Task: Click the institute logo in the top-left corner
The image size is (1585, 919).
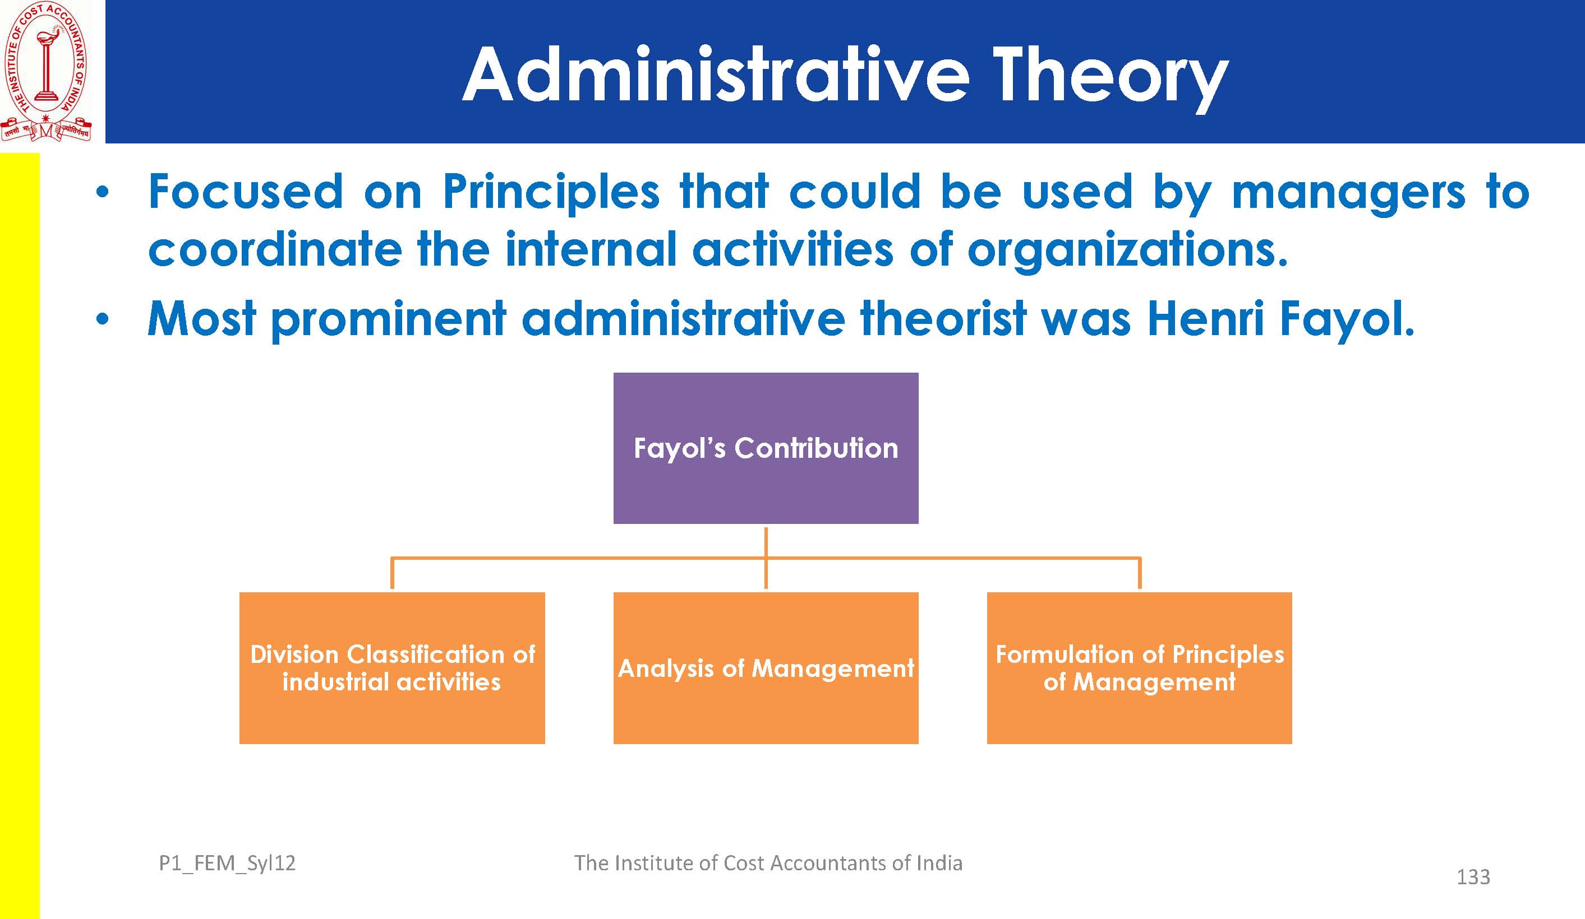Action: pyautogui.click(x=46, y=71)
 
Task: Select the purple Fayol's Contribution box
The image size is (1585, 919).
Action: pyautogui.click(x=766, y=448)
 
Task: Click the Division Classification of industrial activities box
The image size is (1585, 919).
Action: pyautogui.click(x=392, y=667)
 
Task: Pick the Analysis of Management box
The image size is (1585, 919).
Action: pyautogui.click(x=766, y=667)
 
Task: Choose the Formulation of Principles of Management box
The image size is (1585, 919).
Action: pyautogui.click(x=1139, y=667)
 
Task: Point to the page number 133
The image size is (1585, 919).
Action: pyautogui.click(x=1473, y=877)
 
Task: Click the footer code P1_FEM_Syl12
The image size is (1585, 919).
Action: pyautogui.click(x=227, y=864)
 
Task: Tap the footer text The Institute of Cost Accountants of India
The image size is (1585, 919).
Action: pyautogui.click(x=768, y=863)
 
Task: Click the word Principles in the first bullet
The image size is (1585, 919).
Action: pyautogui.click(x=551, y=193)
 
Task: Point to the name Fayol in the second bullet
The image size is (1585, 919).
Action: pyautogui.click(x=1347, y=320)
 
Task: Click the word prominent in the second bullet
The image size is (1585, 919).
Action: pyautogui.click(x=389, y=320)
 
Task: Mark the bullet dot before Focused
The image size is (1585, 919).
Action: pyautogui.click(x=102, y=193)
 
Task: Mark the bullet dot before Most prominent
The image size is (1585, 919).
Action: pyautogui.click(x=102, y=319)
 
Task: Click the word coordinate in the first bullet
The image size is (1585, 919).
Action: pyautogui.click(x=275, y=249)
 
